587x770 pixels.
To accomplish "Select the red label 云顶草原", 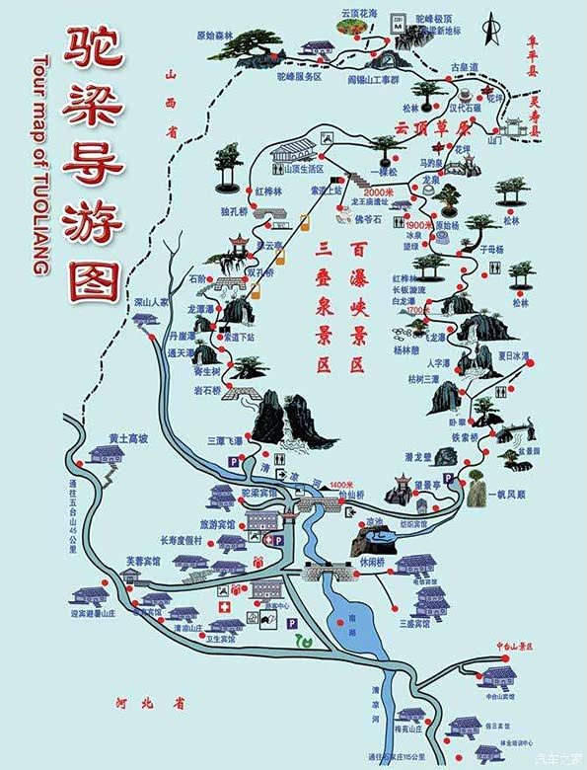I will tap(426, 128).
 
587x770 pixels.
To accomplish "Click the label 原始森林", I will tap(214, 36).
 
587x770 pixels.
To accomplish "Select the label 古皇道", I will tap(465, 67).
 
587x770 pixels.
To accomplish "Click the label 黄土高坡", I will tap(127, 437).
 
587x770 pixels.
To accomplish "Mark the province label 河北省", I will tap(163, 704).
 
